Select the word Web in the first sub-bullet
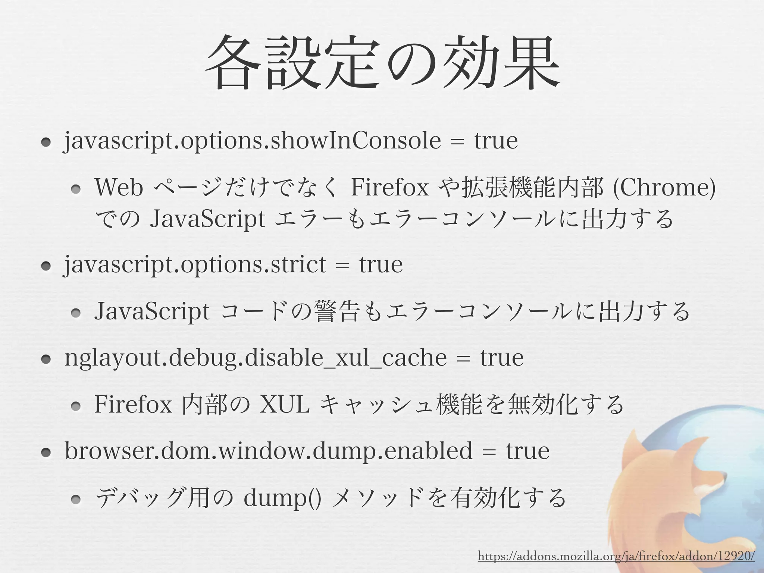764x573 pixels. [119, 188]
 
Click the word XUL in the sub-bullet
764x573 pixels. [285, 404]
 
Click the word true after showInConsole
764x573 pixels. [496, 141]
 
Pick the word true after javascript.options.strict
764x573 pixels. [381, 265]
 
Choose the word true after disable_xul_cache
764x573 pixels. [502, 358]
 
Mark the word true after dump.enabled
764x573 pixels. [527, 451]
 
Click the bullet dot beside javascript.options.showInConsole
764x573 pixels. [46, 142]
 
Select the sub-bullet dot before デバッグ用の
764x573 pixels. [76, 500]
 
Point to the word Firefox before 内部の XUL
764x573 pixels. [133, 404]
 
